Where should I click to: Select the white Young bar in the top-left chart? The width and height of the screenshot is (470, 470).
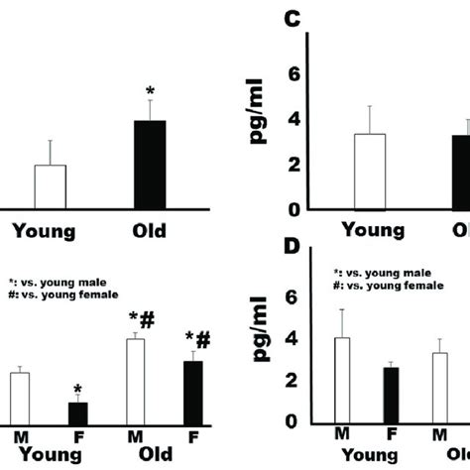[x=50, y=186]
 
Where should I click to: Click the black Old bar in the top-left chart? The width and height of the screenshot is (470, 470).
[x=150, y=165]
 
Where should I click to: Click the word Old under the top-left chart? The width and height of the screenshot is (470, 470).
[x=149, y=231]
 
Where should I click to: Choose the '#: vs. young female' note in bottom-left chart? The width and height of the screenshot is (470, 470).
[x=63, y=294]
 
